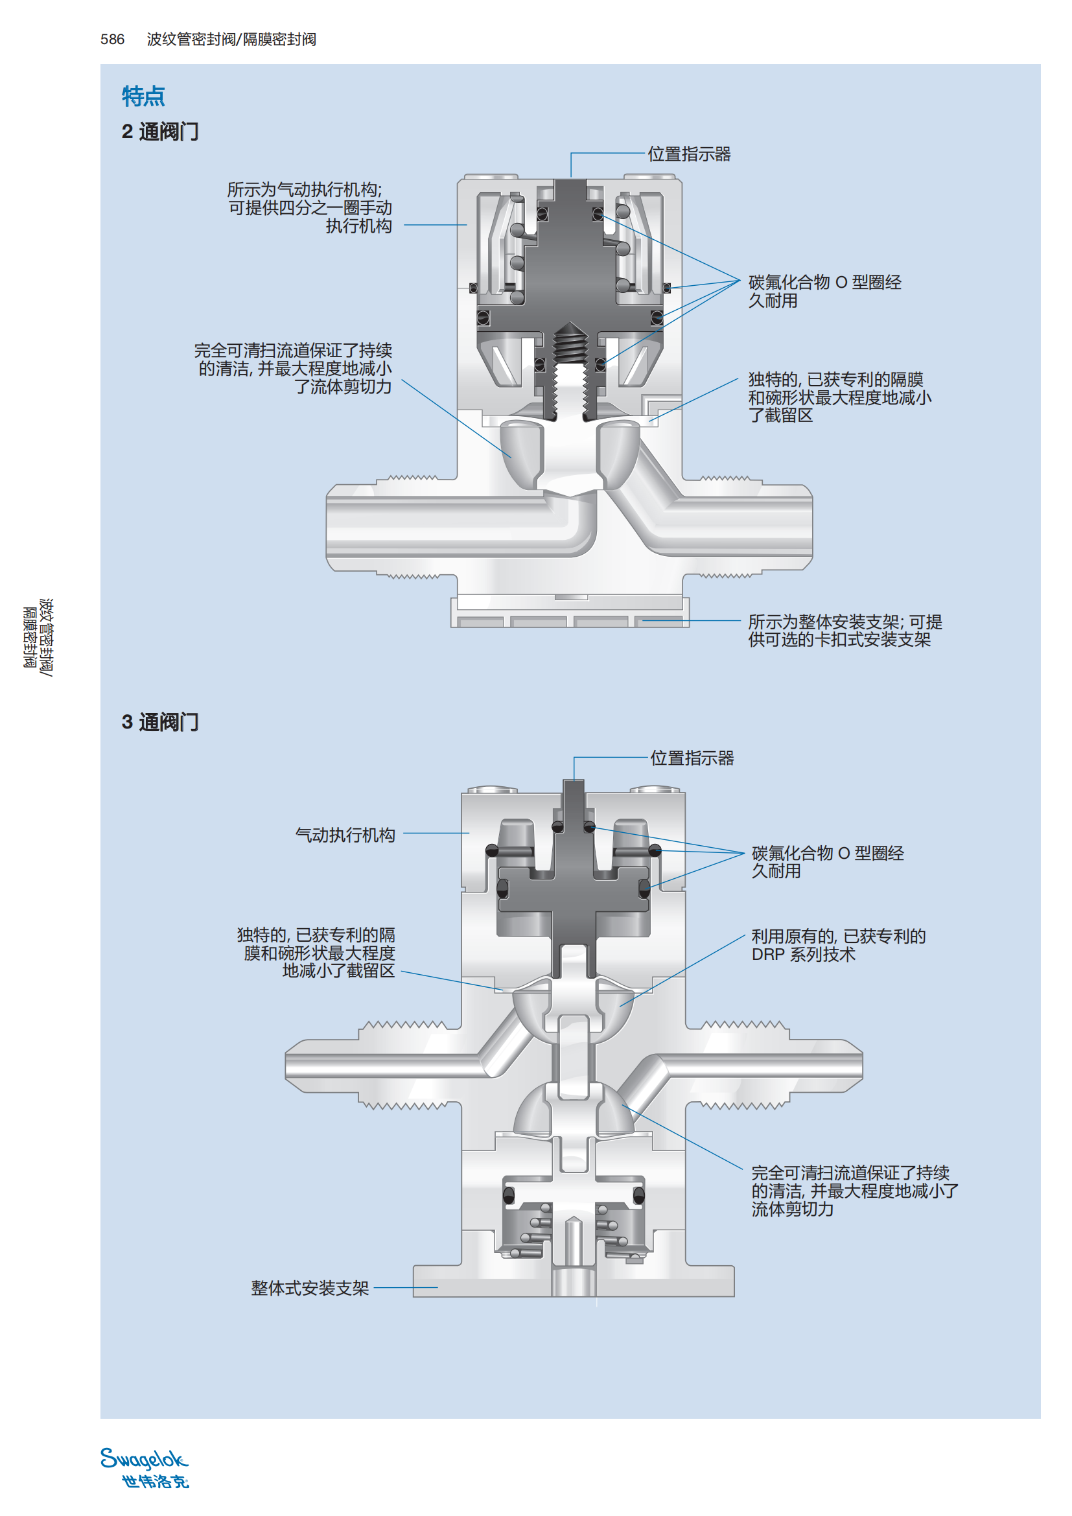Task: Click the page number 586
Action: click(x=112, y=40)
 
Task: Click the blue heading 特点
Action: click(x=143, y=97)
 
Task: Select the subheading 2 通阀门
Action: click(x=159, y=132)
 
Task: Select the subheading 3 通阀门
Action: click(x=159, y=722)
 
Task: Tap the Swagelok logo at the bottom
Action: click(x=145, y=1468)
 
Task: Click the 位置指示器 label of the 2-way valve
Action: click(x=688, y=154)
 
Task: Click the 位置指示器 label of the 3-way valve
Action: click(x=692, y=758)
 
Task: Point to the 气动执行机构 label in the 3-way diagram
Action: click(x=345, y=835)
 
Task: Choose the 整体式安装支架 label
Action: click(x=310, y=1289)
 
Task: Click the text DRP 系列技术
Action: click(x=802, y=955)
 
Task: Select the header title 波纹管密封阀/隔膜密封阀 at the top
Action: click(x=231, y=40)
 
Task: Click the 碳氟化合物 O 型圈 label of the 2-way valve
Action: click(x=824, y=291)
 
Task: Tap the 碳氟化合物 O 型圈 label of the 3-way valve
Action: click(x=827, y=861)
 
